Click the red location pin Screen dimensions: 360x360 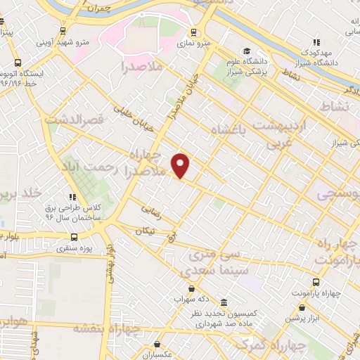point(181,165)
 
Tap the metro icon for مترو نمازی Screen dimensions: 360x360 point(192,32)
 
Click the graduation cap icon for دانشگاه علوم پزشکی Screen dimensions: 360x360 point(247,51)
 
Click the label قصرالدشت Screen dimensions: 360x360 point(74,120)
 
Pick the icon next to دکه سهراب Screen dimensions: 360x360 point(191,288)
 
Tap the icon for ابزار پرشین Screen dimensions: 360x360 point(302,307)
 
